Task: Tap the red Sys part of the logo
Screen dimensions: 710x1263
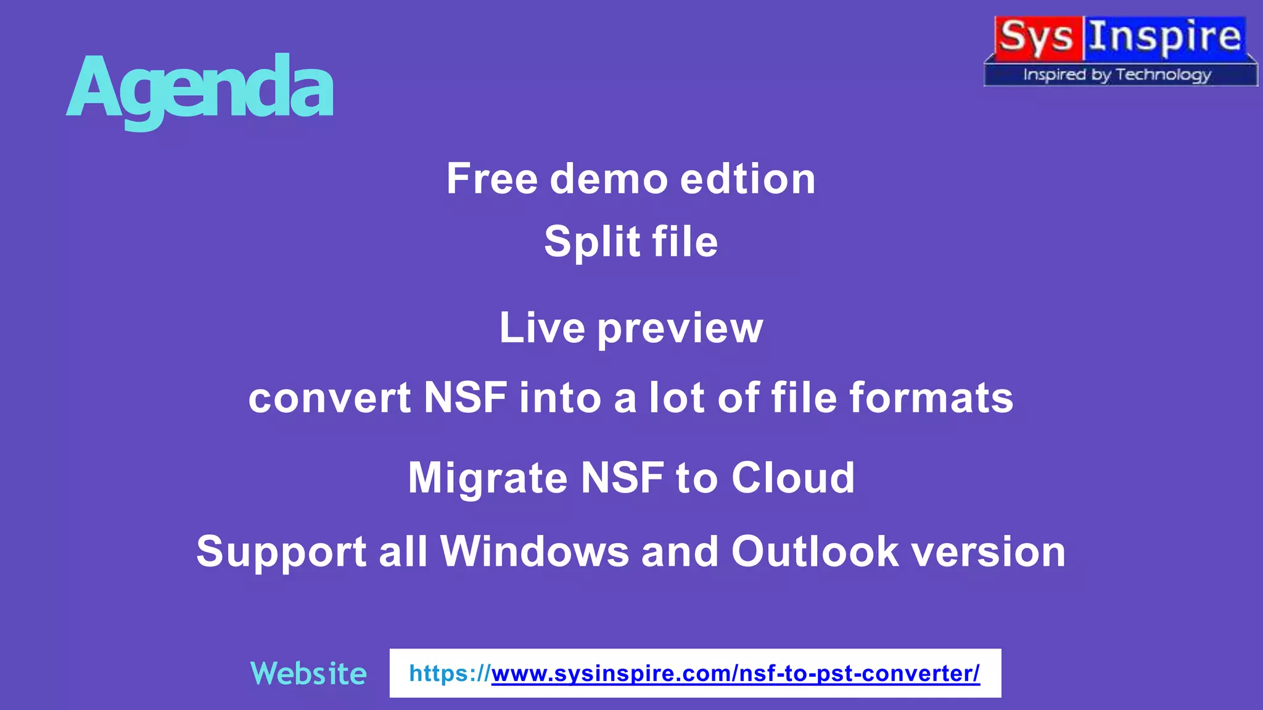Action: click(1037, 37)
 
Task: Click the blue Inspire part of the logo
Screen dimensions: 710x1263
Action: click(1164, 37)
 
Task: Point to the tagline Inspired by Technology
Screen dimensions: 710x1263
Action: click(1117, 75)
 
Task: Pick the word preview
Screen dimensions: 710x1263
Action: click(680, 328)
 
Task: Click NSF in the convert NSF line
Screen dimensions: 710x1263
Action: click(466, 398)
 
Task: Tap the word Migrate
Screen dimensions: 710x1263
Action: click(487, 478)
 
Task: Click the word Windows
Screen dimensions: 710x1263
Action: click(534, 551)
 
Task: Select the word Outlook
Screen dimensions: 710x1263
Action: click(815, 551)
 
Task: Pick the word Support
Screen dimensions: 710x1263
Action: click(281, 551)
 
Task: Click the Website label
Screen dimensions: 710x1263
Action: click(308, 673)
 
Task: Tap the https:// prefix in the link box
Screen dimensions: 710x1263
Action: click(450, 673)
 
